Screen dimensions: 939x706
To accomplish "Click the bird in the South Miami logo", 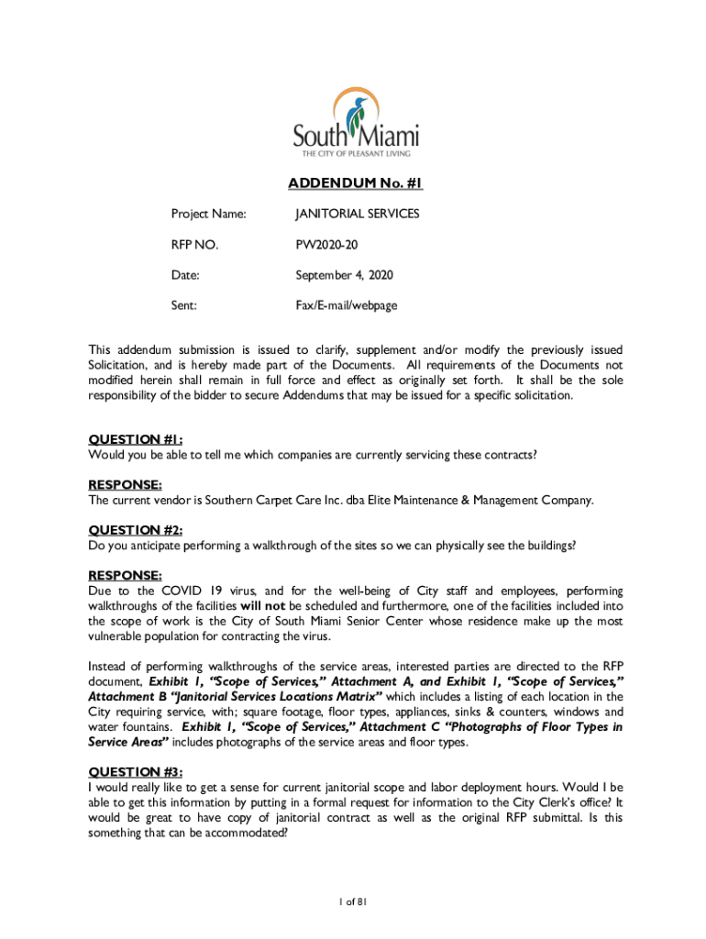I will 354,113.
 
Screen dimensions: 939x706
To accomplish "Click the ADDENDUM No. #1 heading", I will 355,183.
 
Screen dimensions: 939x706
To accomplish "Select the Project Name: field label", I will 208,214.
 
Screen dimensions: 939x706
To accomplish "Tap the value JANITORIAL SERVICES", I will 357,214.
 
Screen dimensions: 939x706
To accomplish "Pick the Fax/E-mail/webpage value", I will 346,305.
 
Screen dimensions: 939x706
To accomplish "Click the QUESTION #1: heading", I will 135,438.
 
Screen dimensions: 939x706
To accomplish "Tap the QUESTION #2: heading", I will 135,530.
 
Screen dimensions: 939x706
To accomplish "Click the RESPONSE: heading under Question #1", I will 125,484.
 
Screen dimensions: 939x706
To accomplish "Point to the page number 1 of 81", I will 352,903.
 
